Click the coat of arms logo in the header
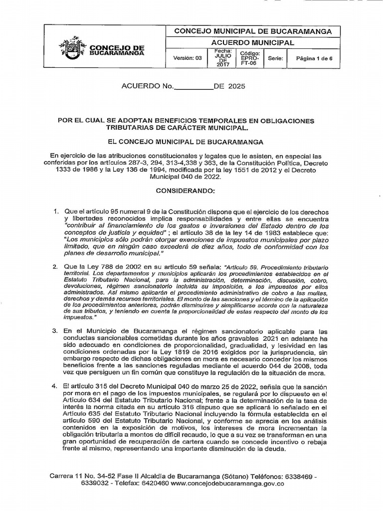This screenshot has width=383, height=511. coord(72,48)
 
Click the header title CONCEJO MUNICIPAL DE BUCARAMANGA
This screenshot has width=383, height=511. coord(252,31)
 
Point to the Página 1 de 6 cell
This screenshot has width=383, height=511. coord(314,58)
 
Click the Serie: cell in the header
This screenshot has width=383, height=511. coord(275,58)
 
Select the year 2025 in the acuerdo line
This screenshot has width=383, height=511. coord(236,86)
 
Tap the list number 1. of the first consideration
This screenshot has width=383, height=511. coord(56,212)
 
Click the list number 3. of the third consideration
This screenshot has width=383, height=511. coord(56,331)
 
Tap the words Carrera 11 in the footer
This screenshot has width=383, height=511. coord(66,476)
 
